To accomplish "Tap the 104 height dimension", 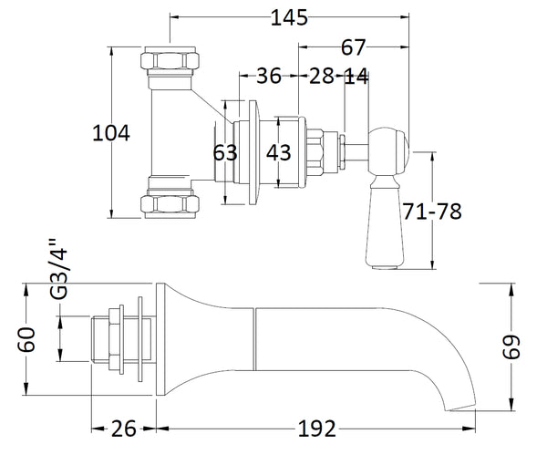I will (x=111, y=134).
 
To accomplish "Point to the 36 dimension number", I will (x=266, y=77).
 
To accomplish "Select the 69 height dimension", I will (x=517, y=346).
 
